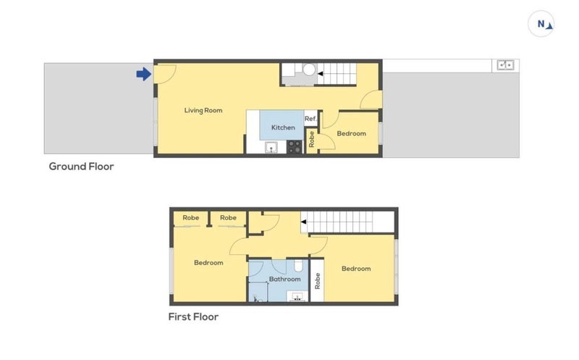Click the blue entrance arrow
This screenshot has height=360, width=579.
pos(143,73)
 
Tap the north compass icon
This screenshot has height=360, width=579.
pos(542,25)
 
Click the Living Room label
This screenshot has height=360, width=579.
pos(203,111)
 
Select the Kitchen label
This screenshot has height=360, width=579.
pos(283,127)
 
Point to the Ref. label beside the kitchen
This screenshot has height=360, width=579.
pos(310,119)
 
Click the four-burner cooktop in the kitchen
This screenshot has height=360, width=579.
pos(295,147)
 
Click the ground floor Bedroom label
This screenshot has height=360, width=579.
pos(351,133)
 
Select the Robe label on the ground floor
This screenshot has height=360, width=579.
pos(312,139)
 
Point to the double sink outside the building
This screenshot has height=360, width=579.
pos(504,65)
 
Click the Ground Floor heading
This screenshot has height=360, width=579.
pos(81,167)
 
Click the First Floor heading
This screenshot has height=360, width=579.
pos(193,317)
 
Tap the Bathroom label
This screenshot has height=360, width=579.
pos(284,279)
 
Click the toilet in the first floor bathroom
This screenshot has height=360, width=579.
pos(300,265)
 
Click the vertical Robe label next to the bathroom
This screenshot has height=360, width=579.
pos(317,281)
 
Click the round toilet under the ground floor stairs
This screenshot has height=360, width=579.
pos(309,70)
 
